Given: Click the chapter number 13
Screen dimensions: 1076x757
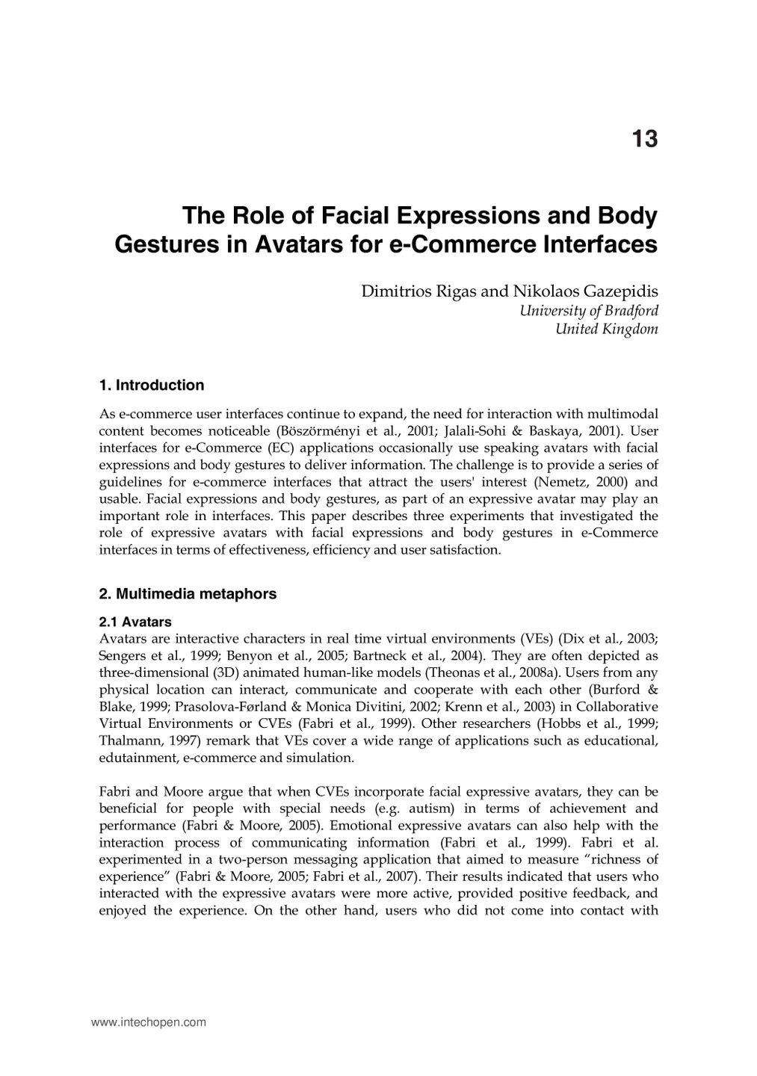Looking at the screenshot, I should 644,139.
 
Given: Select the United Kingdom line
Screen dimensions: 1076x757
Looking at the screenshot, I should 606,330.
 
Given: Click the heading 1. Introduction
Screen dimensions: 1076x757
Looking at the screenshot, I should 151,386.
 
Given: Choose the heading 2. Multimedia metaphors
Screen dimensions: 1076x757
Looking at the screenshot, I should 188,594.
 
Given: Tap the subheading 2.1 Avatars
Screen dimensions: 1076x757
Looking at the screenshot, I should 135,622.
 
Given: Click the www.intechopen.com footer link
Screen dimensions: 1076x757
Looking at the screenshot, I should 148,1022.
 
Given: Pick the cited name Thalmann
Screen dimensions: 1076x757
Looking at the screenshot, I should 127,740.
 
